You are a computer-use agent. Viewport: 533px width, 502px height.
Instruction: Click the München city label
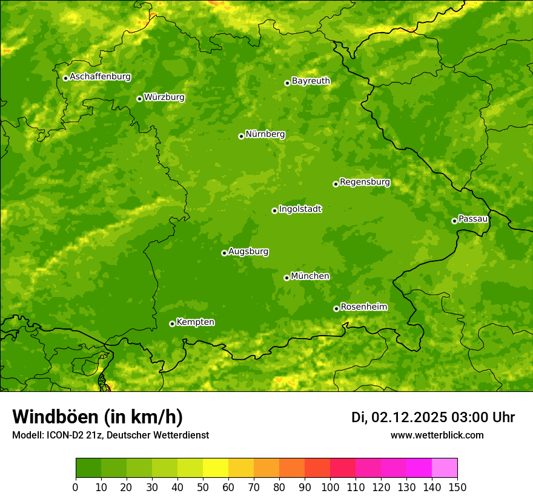(310, 276)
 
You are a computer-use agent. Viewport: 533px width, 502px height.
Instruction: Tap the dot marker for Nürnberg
(241, 136)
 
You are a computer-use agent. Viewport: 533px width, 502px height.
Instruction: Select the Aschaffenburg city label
(100, 77)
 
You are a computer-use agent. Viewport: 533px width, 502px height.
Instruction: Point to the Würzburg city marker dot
(139, 99)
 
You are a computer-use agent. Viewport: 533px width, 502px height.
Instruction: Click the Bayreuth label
(311, 81)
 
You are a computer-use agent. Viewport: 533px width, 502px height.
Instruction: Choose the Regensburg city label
(365, 182)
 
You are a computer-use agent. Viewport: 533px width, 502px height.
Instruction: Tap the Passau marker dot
(454, 221)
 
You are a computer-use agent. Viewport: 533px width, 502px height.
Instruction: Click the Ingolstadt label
(300, 209)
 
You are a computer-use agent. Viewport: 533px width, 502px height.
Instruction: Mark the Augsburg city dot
(224, 253)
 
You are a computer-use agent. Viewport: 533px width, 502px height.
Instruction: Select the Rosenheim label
(363, 307)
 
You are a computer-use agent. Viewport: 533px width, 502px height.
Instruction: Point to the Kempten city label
(195, 322)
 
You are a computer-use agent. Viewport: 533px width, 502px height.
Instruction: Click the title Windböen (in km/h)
(98, 417)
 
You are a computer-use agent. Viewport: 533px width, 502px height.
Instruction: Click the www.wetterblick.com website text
(437, 435)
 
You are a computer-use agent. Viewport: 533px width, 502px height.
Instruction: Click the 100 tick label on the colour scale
(330, 486)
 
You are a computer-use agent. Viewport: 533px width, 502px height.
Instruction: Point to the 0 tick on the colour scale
(76, 486)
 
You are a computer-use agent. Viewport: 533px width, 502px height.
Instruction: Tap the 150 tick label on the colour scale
(457, 486)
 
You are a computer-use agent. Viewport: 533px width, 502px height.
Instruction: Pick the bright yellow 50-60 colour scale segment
(216, 468)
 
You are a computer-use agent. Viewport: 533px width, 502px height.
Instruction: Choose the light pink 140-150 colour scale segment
(445, 468)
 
